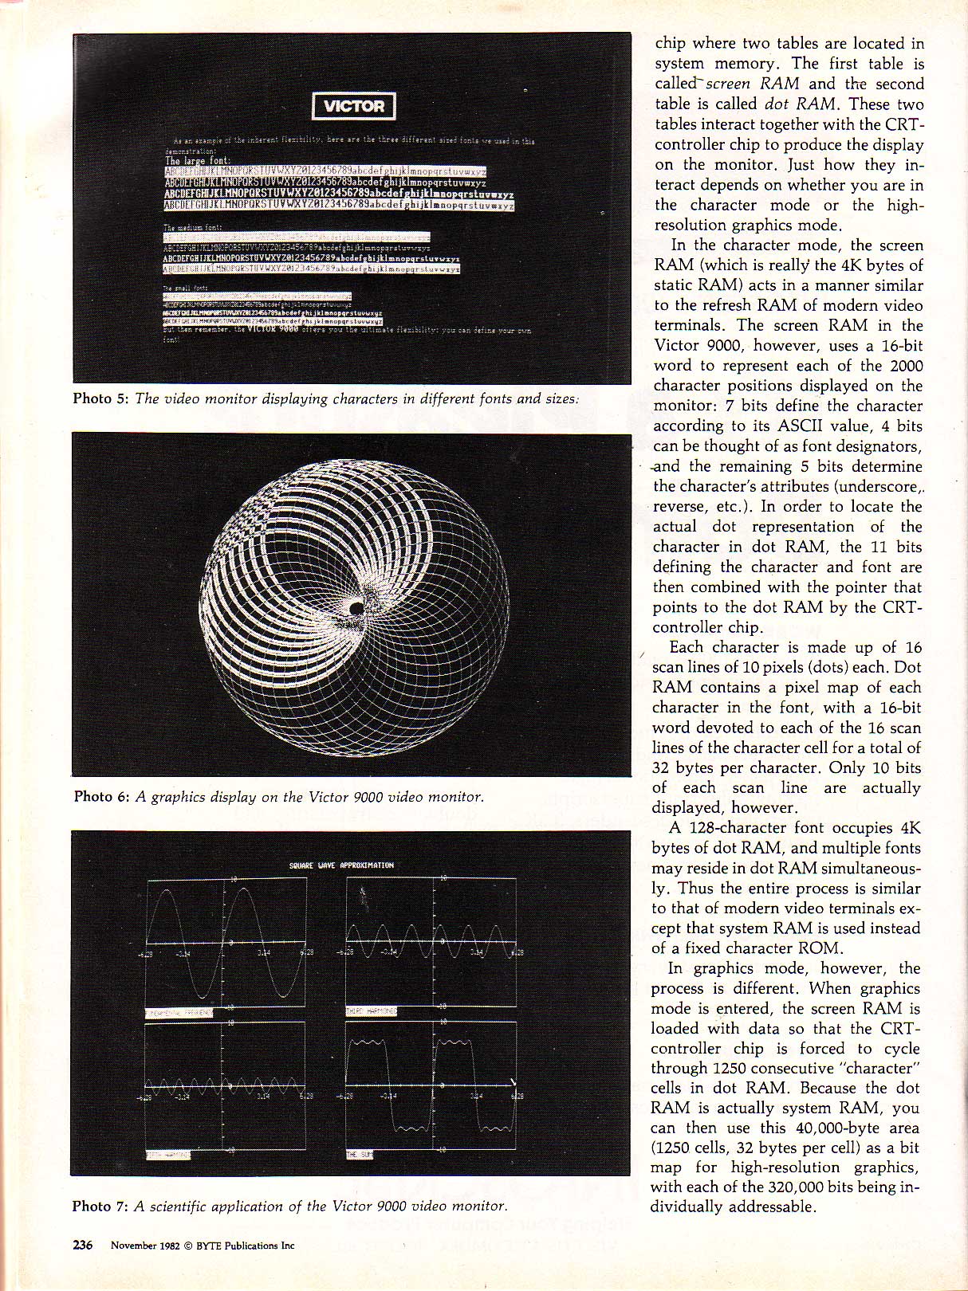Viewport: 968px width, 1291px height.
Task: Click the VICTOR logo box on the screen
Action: [353, 106]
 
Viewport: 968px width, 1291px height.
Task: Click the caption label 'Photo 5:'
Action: [100, 398]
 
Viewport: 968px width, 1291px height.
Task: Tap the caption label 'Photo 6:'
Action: [101, 797]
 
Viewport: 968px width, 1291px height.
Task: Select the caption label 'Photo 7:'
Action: [100, 1207]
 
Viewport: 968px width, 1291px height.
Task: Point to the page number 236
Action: [83, 1245]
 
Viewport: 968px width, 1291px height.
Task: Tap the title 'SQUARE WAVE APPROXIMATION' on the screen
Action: [341, 865]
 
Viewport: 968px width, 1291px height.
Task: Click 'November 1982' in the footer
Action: [141, 1246]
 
